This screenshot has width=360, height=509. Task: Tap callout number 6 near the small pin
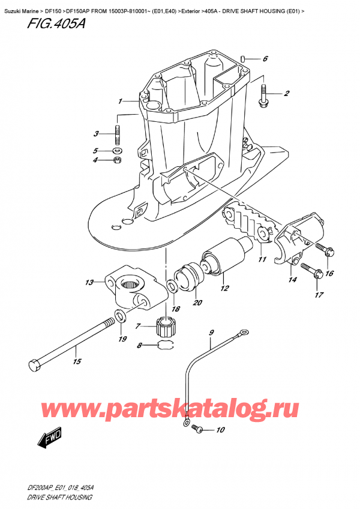coord(265,59)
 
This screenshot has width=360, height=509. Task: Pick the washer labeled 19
coord(119,316)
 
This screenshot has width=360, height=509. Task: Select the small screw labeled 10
coord(200,430)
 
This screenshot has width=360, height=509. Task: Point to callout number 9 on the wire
coord(211,332)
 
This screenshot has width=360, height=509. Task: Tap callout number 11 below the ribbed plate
coord(262,259)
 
